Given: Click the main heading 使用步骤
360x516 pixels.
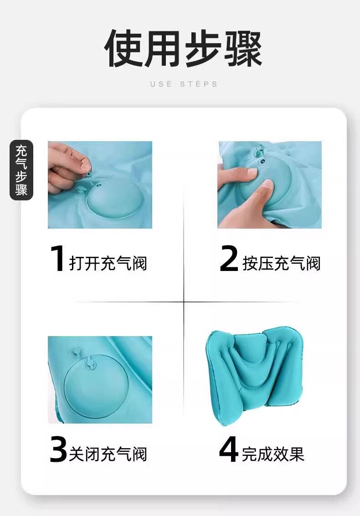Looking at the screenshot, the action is point(183,48).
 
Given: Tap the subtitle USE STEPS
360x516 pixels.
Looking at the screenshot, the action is point(184,84).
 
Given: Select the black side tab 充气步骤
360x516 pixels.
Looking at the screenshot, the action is point(21,170).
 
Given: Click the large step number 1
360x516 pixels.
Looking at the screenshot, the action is point(57,259).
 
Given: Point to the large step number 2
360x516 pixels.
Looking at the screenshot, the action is point(229,259).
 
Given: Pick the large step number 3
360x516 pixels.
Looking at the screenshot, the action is point(59,449).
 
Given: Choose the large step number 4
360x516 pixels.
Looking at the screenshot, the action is point(229,449).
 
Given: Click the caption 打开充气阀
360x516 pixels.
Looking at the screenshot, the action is point(108,263).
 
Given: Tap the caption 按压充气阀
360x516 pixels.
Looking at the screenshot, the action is point(282,263).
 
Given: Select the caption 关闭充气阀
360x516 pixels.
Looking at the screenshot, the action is point(108,454).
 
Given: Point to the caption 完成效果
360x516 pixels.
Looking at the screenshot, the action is point(273,454).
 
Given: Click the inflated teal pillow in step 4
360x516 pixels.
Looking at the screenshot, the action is point(255,375).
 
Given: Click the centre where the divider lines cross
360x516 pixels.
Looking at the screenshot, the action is point(184,301).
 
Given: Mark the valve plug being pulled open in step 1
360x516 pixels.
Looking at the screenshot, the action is point(88,173).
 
